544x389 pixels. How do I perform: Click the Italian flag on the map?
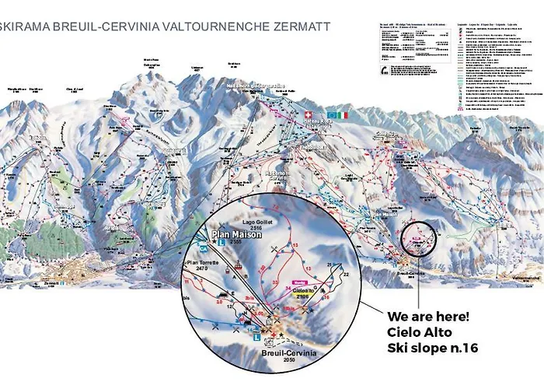[343, 114]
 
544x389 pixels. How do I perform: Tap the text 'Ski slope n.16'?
[431, 348]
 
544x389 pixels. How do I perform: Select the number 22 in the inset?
[346, 275]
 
